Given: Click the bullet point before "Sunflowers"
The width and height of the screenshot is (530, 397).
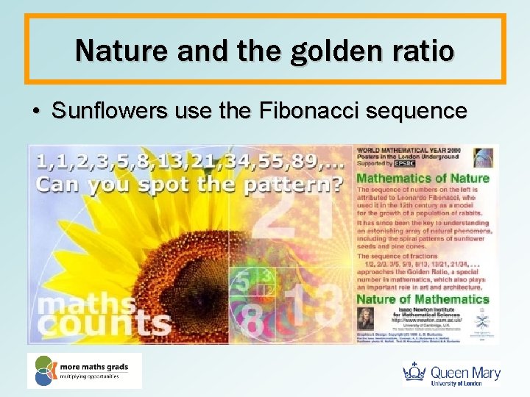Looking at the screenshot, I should pos(35,112).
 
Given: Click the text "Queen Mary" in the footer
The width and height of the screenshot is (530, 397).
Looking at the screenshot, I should pos(465,371).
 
